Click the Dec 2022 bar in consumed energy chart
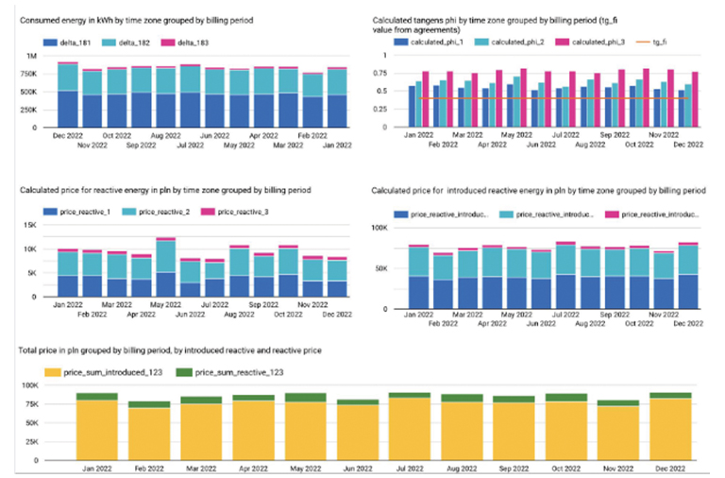click(67, 95)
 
